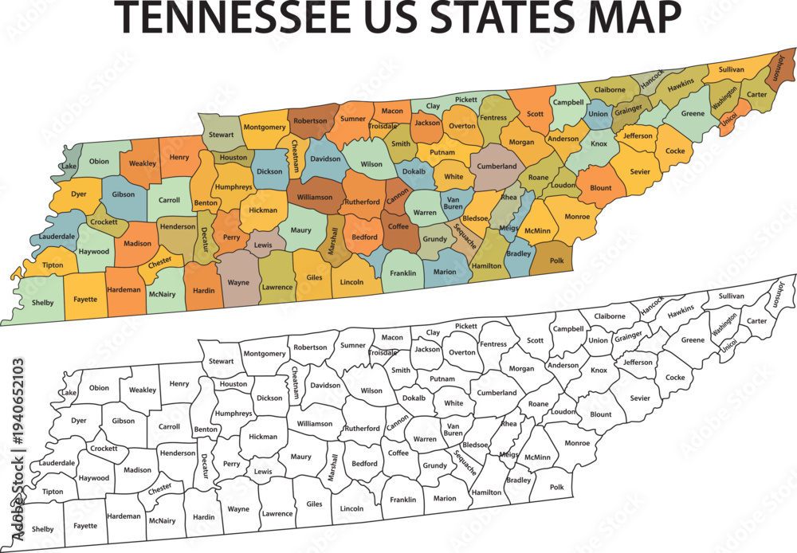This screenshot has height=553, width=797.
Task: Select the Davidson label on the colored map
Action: point(325,159)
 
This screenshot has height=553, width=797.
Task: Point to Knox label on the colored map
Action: point(599,144)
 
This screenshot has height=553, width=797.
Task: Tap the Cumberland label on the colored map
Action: point(497,167)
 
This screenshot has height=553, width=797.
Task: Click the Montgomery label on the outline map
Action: point(265,353)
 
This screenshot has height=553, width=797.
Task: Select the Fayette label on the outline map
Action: point(85,525)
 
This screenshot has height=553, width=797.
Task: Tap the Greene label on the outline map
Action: point(693,340)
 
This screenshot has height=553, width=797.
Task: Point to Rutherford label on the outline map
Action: point(362,428)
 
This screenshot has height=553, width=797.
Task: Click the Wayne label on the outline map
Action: point(238,508)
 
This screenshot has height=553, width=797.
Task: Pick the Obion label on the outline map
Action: point(99,388)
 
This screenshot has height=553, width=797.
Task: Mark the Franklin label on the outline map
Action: point(403,500)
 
